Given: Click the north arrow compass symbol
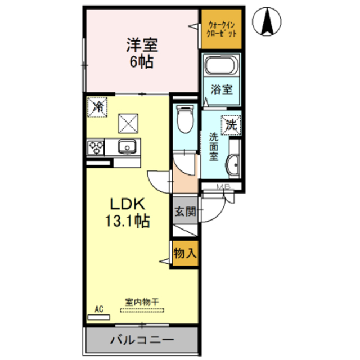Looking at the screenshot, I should (x=269, y=24).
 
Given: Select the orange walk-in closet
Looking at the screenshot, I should (x=222, y=29).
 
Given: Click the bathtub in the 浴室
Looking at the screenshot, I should (x=222, y=66).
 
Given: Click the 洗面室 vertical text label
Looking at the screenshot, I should (x=214, y=147).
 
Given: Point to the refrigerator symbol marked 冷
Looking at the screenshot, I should (x=98, y=106).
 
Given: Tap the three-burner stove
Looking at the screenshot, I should (x=96, y=148).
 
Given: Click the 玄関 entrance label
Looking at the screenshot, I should (x=185, y=212).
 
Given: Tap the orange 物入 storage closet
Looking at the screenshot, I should (x=184, y=253).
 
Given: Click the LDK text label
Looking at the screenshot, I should (x=127, y=204).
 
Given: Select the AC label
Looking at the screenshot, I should (x=99, y=309).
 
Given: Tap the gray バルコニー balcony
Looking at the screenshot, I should (x=142, y=340).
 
